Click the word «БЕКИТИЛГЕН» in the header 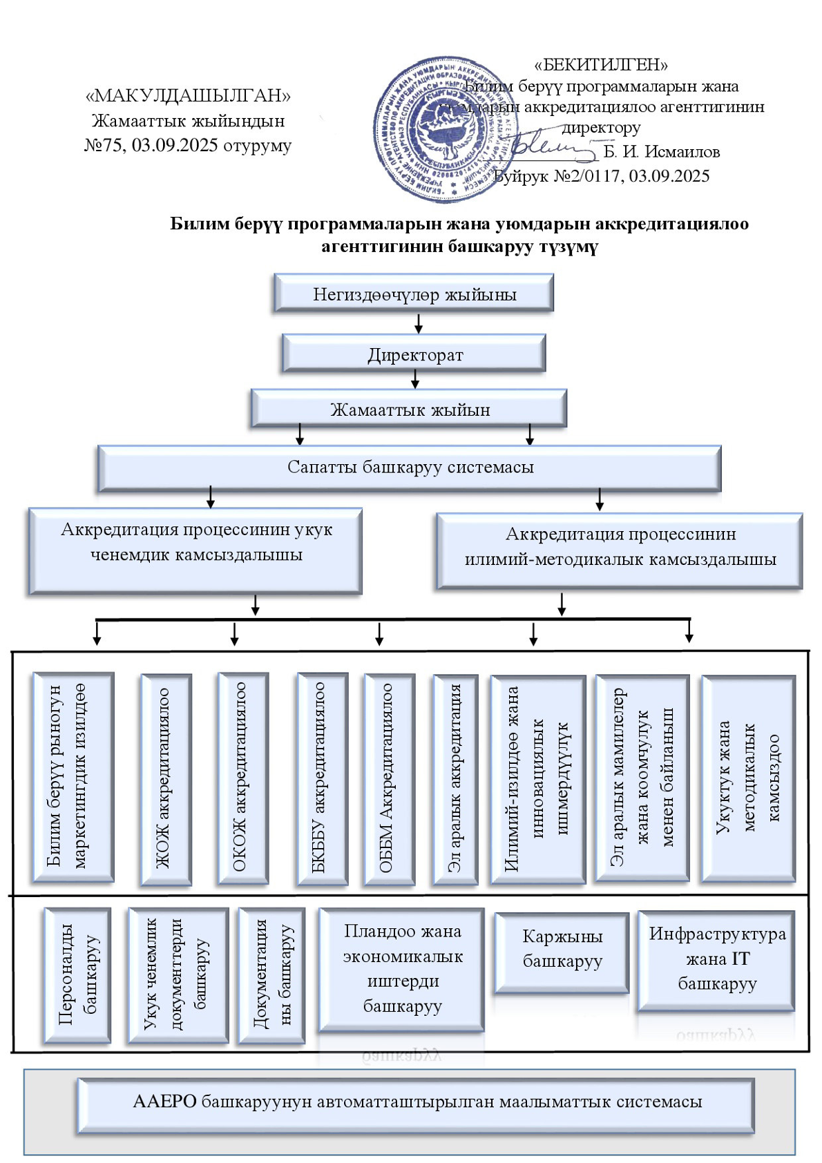[x=601, y=65]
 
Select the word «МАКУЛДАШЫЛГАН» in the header [x=188, y=95]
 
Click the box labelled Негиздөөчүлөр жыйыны [x=414, y=294]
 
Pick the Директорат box [x=414, y=354]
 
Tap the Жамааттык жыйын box [x=409, y=409]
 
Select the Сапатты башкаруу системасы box [x=410, y=468]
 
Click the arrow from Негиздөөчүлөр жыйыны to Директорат [x=418, y=323]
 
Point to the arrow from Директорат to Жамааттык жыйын [x=415, y=379]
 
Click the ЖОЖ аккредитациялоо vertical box [x=165, y=779]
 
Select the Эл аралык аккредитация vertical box [x=455, y=779]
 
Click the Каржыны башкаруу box [x=562, y=951]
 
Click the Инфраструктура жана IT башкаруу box [x=716, y=960]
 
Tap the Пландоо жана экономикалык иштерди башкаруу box [x=401, y=969]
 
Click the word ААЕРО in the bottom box [x=164, y=1102]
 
